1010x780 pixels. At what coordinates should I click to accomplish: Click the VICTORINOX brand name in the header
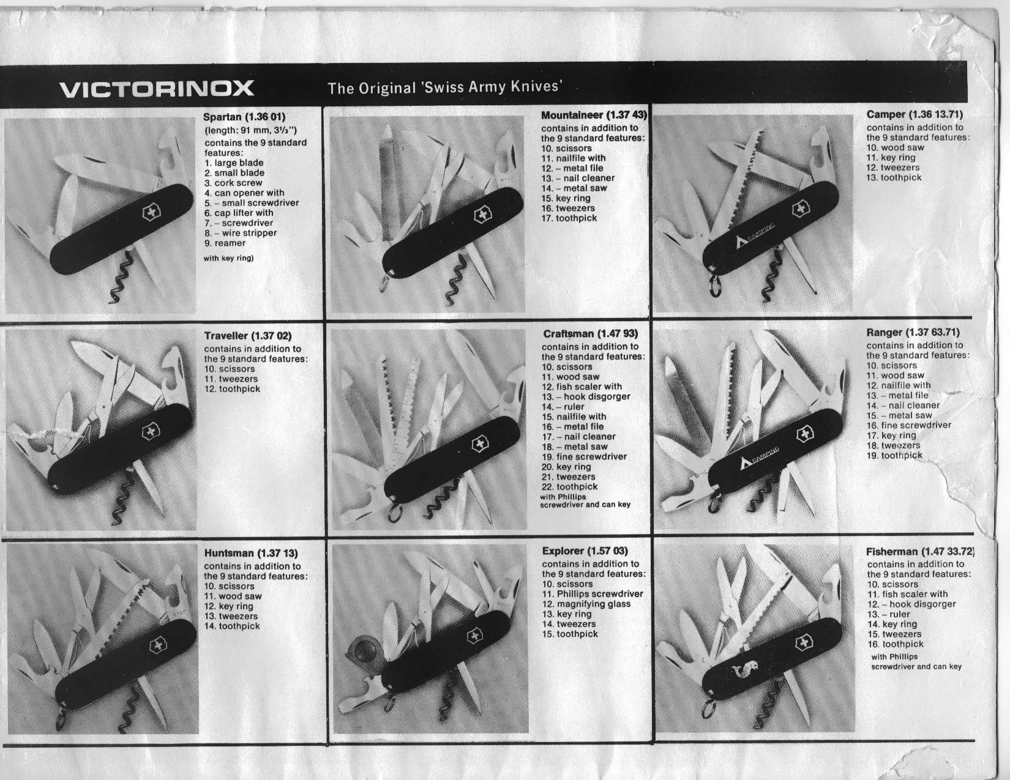click(x=157, y=89)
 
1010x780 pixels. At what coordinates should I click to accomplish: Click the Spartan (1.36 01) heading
click(x=244, y=117)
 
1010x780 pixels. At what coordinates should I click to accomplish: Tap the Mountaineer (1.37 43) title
click(x=594, y=115)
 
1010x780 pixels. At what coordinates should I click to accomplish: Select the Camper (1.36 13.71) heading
click(x=915, y=114)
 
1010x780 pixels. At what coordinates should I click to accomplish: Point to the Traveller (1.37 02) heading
click(x=248, y=335)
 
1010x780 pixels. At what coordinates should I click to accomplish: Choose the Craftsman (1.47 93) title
click(x=590, y=333)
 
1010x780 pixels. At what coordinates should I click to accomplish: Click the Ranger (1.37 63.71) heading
click(x=913, y=332)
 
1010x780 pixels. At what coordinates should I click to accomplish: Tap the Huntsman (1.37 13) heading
click(x=251, y=553)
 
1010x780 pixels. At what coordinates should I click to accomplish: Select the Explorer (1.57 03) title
click(x=585, y=551)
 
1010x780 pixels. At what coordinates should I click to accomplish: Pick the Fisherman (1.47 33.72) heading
click(x=920, y=551)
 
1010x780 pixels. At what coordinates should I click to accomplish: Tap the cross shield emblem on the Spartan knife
click(x=152, y=213)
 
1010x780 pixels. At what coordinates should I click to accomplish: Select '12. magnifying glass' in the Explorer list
click(x=586, y=604)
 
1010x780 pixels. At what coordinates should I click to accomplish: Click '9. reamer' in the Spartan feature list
click(x=225, y=243)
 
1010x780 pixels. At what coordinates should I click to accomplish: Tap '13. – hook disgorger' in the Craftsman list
click(x=586, y=397)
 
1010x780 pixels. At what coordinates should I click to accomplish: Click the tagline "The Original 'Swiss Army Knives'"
click(x=445, y=87)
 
